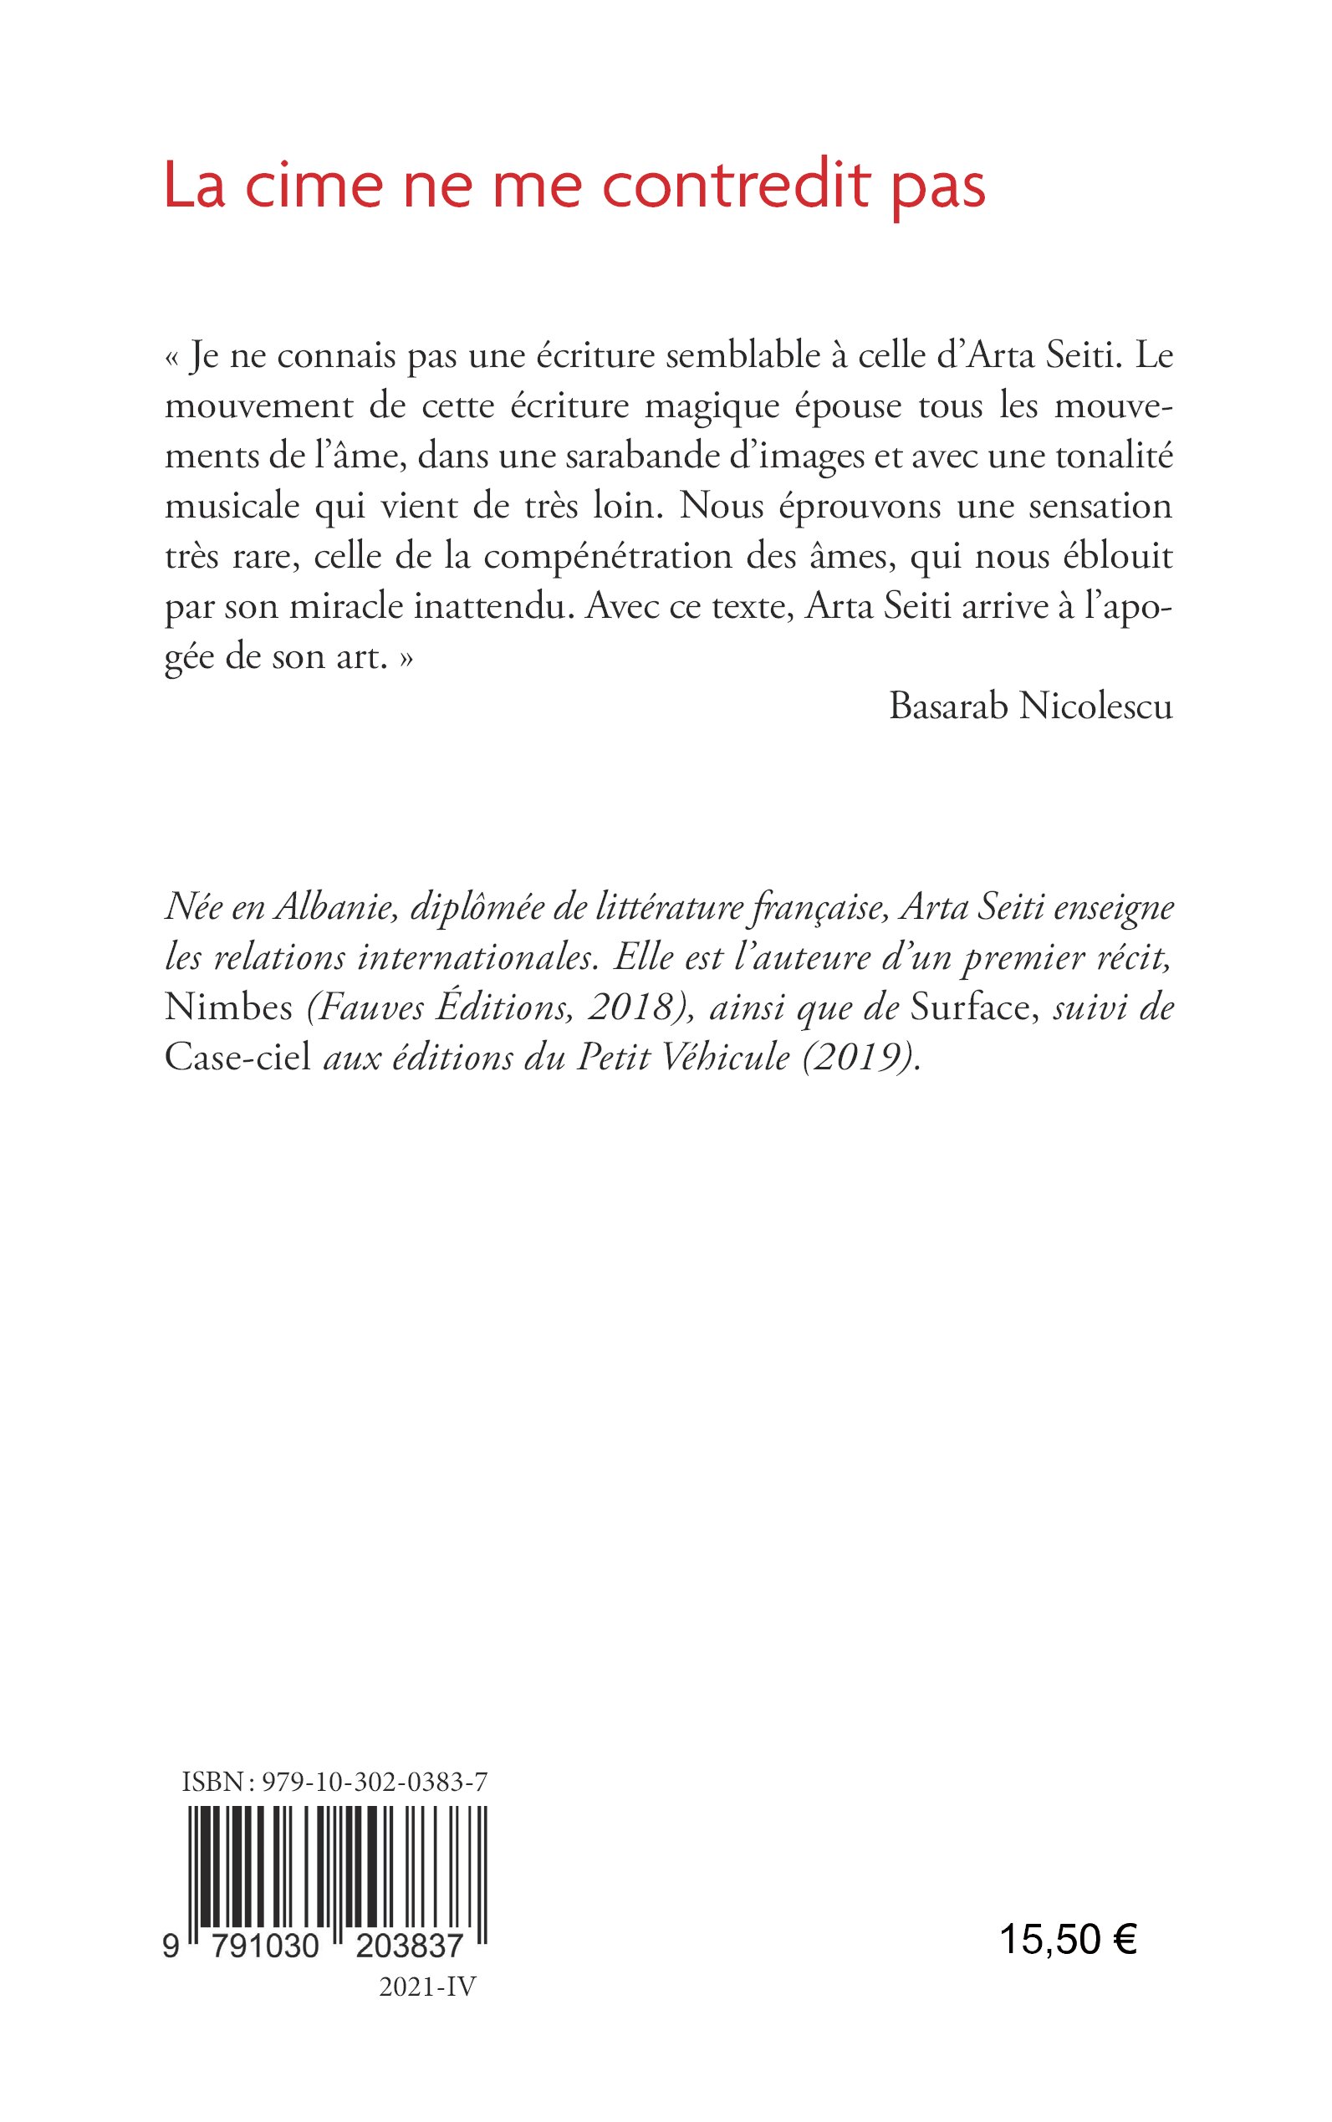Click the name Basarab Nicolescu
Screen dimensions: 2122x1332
(1031, 706)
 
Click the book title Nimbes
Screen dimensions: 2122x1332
(228, 1007)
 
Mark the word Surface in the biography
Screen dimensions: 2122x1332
(969, 1007)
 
